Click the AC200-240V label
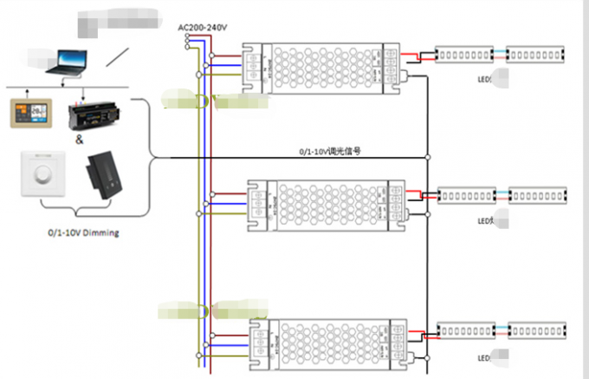(x=202, y=28)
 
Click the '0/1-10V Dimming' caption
(x=84, y=233)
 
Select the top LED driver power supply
(x=324, y=66)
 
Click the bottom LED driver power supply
(x=329, y=341)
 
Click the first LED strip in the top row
(x=464, y=55)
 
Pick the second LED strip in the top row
(x=534, y=55)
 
